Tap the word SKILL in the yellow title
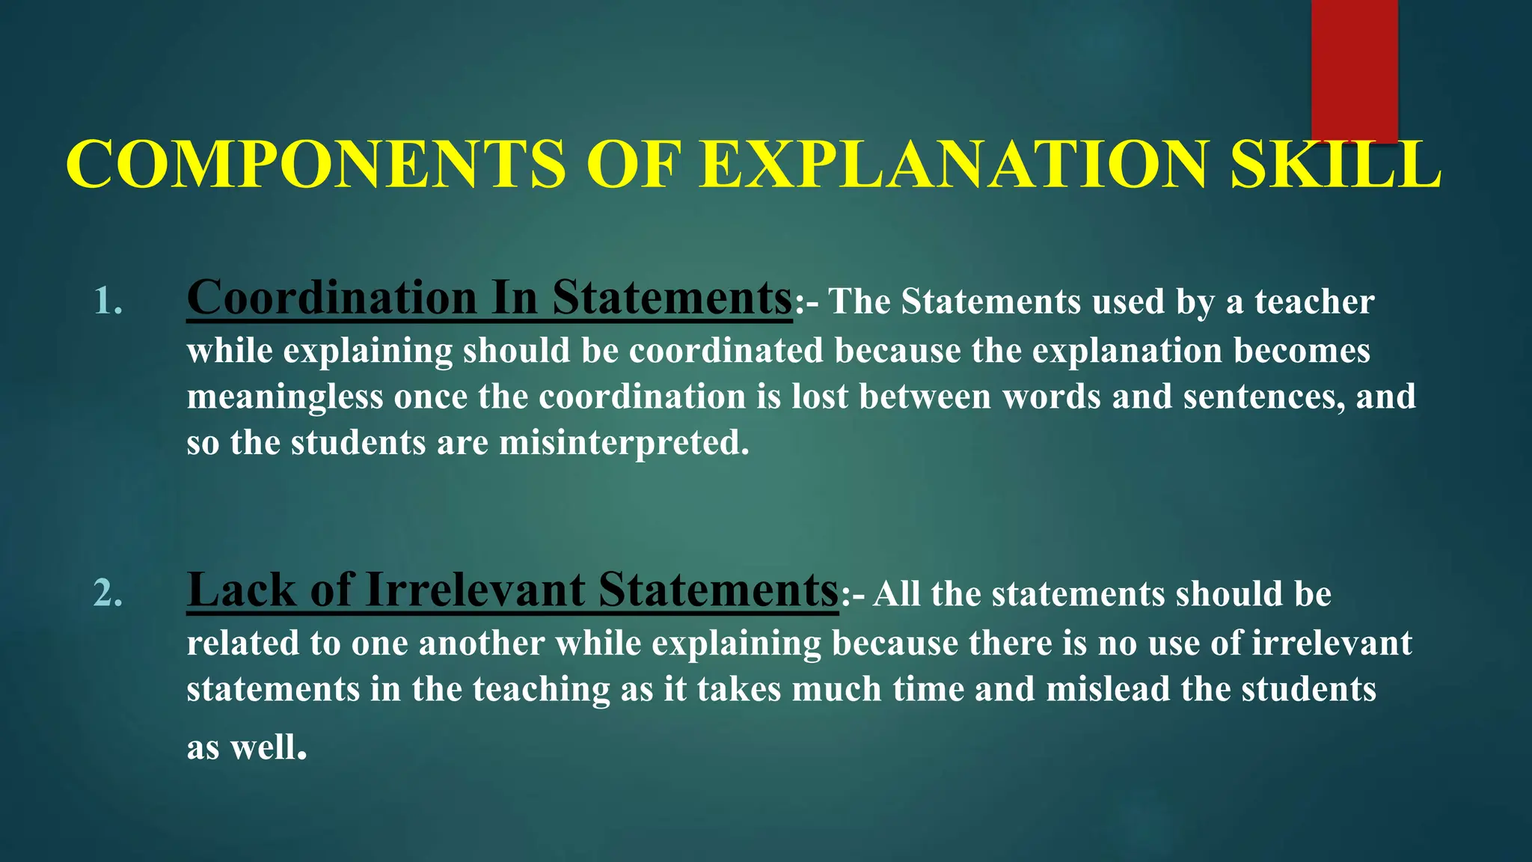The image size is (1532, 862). point(1336,165)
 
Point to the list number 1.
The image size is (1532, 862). point(108,302)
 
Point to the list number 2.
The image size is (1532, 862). point(108,593)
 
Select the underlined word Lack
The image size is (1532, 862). point(241,590)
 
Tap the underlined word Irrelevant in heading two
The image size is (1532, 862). point(475,590)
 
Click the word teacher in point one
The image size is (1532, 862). point(1314,302)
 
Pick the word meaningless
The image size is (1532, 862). point(284,397)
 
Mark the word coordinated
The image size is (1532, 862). point(726,350)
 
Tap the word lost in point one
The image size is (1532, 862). point(820,397)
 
